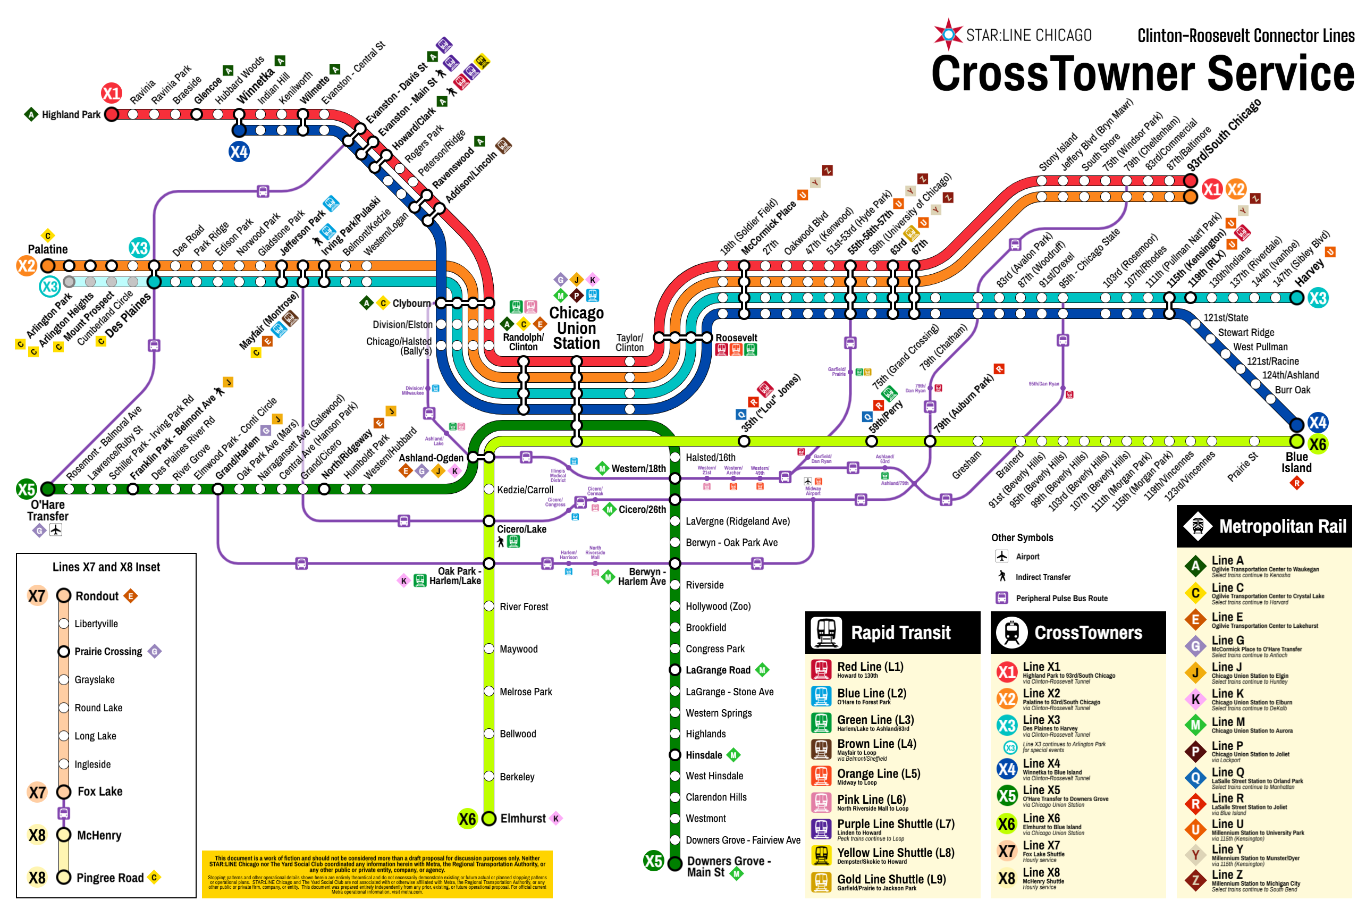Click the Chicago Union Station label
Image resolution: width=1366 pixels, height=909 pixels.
click(576, 328)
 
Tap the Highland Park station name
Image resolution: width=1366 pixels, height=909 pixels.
click(71, 115)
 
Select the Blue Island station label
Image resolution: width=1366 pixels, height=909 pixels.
click(1296, 462)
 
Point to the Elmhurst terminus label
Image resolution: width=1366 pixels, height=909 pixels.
click(523, 818)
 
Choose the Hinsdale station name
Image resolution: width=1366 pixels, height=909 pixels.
click(704, 755)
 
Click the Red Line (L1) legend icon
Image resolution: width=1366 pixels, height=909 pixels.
click(821, 670)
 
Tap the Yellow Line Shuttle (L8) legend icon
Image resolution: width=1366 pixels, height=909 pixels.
click(821, 855)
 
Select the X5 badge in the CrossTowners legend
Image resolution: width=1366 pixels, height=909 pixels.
click(1007, 795)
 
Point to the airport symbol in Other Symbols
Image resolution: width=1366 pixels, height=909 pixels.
click(1001, 556)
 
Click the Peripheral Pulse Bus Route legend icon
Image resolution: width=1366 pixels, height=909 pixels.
click(1001, 597)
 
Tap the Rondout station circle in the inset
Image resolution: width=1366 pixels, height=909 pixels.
click(64, 595)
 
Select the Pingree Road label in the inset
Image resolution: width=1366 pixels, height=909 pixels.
click(109, 878)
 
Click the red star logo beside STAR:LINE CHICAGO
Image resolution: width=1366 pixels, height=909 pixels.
click(948, 34)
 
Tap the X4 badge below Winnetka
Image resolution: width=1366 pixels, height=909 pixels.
click(239, 152)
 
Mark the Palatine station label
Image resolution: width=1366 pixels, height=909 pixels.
click(47, 249)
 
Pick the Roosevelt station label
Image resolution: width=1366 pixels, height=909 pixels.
click(736, 338)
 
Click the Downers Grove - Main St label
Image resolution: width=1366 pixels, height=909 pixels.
click(729, 866)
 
